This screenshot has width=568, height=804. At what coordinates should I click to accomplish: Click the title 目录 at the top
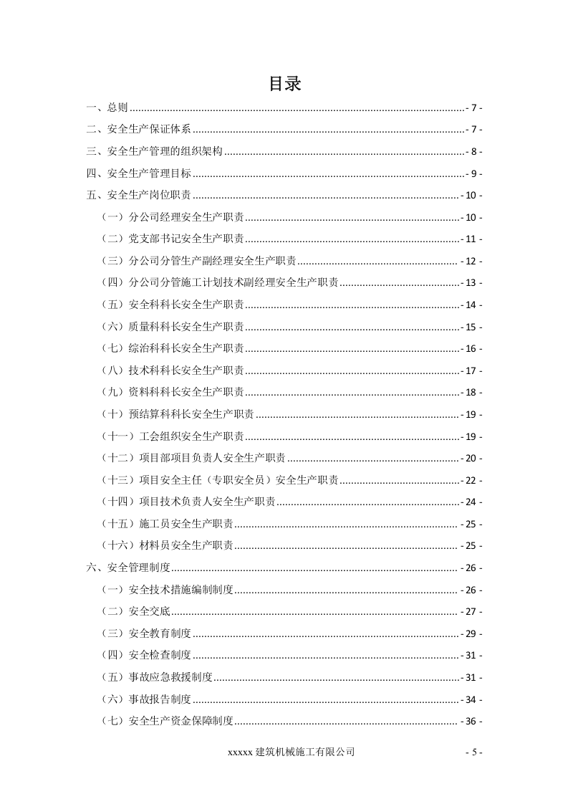click(284, 85)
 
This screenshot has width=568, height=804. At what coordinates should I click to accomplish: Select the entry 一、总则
click(107, 108)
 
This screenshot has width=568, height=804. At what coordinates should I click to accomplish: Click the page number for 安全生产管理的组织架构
click(474, 152)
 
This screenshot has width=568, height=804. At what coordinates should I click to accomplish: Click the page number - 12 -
click(471, 262)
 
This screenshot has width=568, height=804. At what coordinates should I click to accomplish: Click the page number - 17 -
click(471, 371)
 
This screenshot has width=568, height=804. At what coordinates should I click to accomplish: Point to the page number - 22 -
click(471, 480)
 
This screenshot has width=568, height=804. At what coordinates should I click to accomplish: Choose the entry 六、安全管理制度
click(128, 568)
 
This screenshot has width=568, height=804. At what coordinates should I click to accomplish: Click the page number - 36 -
click(471, 721)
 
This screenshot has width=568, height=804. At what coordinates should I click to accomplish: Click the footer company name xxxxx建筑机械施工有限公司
click(291, 752)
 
